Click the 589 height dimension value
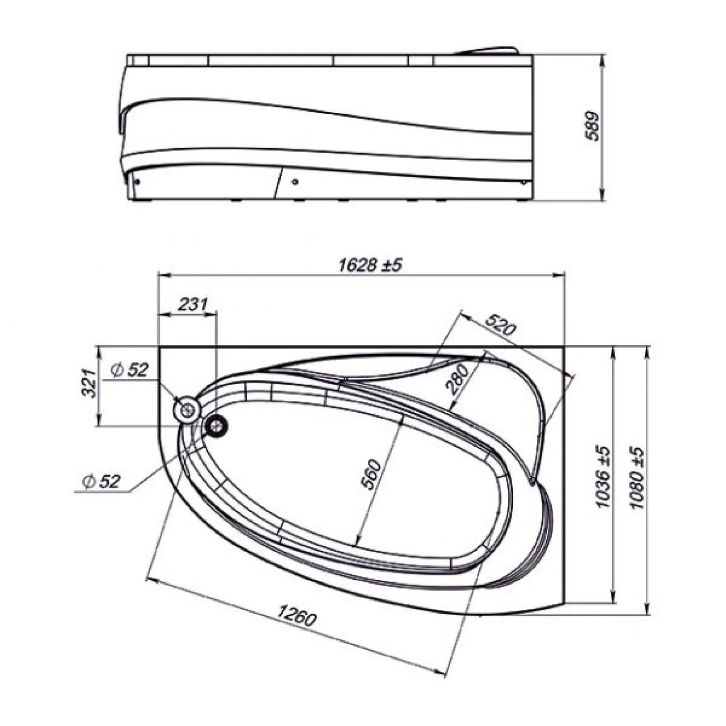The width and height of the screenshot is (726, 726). [591, 126]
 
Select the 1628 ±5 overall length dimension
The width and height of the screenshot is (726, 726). [370, 265]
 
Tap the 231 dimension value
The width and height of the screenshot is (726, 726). [193, 305]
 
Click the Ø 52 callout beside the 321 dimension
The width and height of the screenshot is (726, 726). [129, 370]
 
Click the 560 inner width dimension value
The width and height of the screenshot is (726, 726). [372, 475]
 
